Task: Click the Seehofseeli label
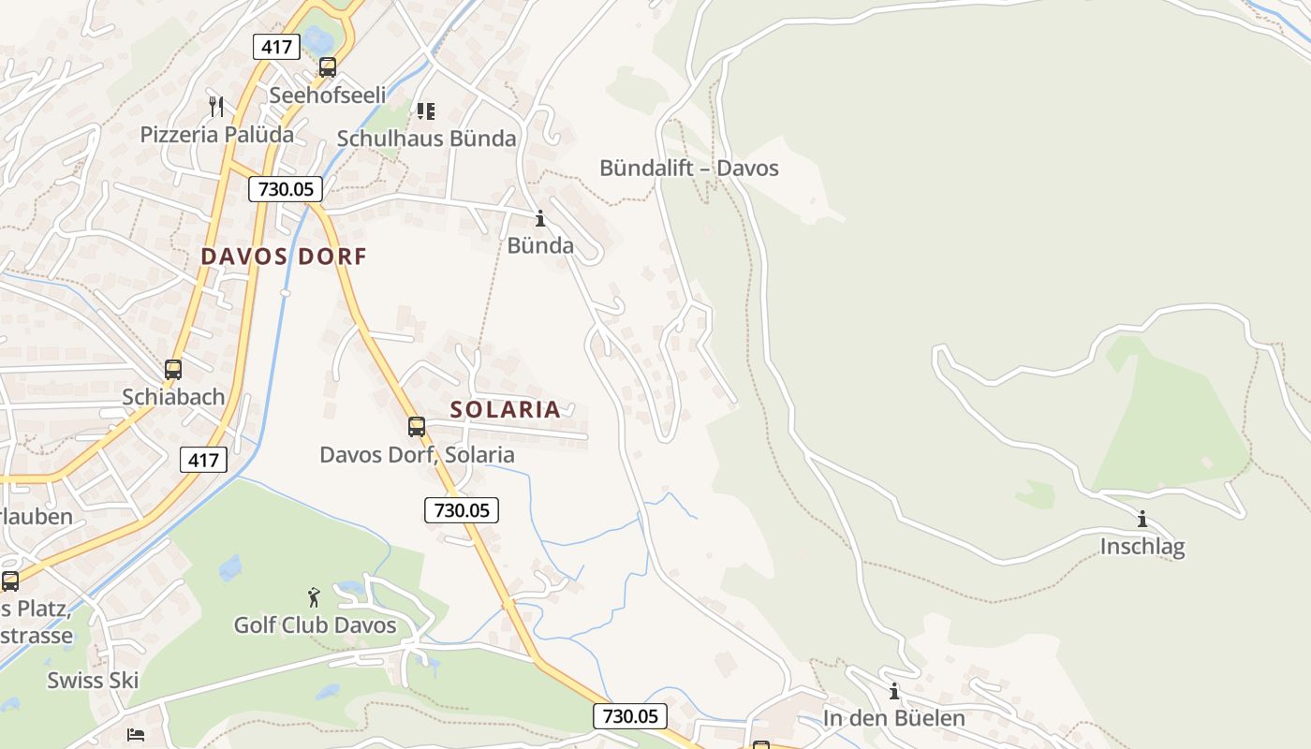point(327,95)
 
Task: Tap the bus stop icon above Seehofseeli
point(327,67)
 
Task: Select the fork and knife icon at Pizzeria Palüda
point(216,107)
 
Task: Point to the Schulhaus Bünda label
point(426,139)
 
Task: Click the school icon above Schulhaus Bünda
point(426,111)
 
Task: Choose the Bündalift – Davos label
point(688,169)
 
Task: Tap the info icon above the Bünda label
point(539,219)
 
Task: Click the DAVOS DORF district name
point(284,257)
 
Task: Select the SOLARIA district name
point(505,409)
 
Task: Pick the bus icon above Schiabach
point(172,369)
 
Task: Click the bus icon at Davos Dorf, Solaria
point(417,427)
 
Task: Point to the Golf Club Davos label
point(315,625)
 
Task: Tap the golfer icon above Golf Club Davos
point(314,597)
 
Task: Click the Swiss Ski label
point(93,681)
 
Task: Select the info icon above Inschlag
point(1142,519)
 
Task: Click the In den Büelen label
point(893,718)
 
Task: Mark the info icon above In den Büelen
point(894,692)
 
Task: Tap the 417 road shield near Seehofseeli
point(275,46)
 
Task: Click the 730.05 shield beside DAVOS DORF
point(286,189)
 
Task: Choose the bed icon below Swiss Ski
point(136,734)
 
